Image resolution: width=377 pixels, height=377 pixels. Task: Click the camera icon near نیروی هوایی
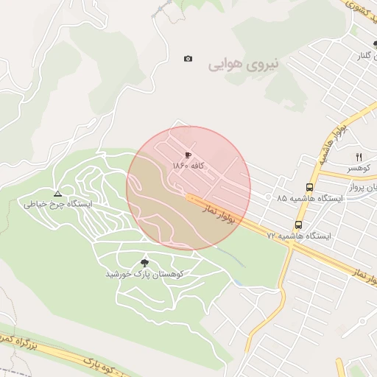[188, 58]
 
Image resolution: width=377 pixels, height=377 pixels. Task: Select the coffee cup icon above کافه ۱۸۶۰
[188, 155]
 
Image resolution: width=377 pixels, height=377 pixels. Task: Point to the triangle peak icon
[57, 193]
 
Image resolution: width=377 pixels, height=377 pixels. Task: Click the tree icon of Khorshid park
[144, 263]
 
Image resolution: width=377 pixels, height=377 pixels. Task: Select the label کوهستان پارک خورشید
[144, 274]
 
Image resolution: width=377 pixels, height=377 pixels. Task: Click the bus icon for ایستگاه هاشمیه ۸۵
[309, 188]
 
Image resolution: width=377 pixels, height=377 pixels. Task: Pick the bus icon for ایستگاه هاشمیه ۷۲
[298, 225]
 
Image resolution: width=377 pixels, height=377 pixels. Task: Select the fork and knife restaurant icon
[359, 157]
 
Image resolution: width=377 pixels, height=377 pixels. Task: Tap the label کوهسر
[361, 168]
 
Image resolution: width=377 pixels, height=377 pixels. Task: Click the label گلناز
[367, 56]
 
